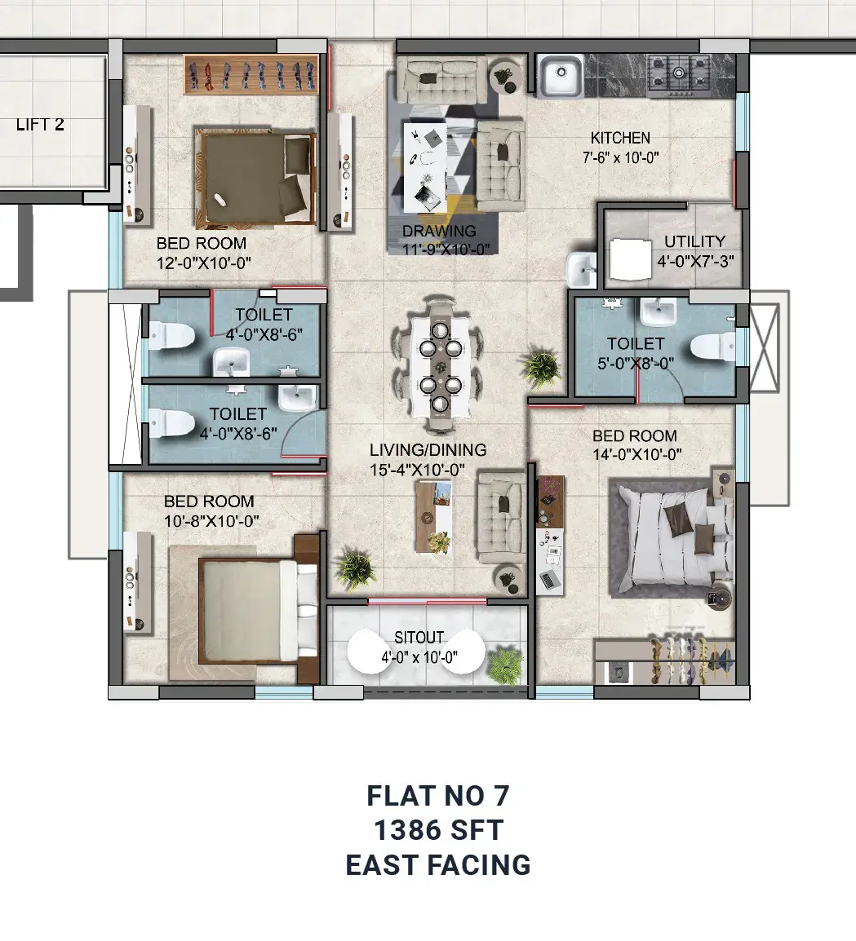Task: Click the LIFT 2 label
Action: [40, 125]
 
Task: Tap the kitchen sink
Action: [560, 76]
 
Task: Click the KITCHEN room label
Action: [620, 138]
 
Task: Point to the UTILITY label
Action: [694, 241]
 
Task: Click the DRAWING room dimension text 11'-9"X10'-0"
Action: [446, 250]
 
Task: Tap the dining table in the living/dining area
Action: [441, 364]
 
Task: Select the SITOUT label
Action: [419, 637]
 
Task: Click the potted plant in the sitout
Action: [505, 665]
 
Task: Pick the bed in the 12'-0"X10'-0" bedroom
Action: [255, 177]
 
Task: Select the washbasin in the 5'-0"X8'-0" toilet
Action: [658, 311]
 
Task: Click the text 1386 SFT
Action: [438, 831]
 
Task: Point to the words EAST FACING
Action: [438, 865]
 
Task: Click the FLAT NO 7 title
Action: [438, 796]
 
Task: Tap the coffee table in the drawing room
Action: [425, 167]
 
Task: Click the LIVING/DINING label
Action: [428, 449]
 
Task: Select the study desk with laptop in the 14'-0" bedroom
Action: [550, 535]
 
